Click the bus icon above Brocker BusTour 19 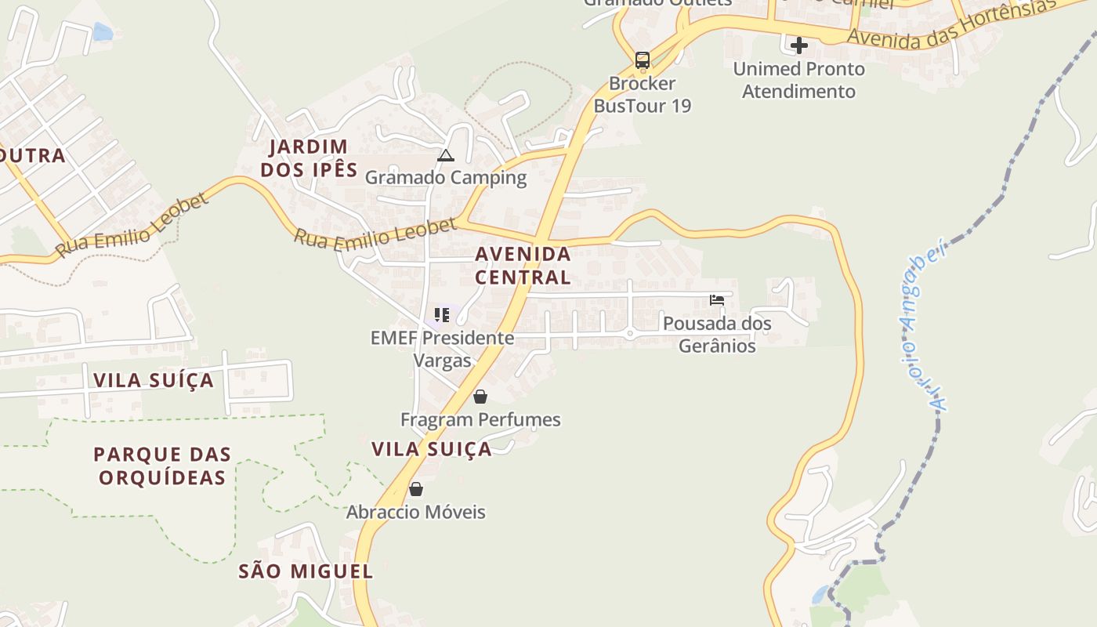pyautogui.click(x=643, y=60)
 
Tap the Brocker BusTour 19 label pyautogui.click(x=643, y=94)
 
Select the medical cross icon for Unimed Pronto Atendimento pyautogui.click(x=799, y=45)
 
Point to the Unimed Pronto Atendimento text pyautogui.click(x=798, y=80)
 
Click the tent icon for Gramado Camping pyautogui.click(x=446, y=155)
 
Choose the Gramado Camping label pyautogui.click(x=446, y=177)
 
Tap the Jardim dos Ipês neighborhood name pyautogui.click(x=309, y=158)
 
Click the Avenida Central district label pyautogui.click(x=523, y=265)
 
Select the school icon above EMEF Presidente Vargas pyautogui.click(x=442, y=315)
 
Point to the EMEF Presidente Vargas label pyautogui.click(x=443, y=349)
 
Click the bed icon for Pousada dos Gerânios pyautogui.click(x=716, y=299)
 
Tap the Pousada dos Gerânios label pyautogui.click(x=717, y=334)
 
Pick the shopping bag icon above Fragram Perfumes pyautogui.click(x=480, y=397)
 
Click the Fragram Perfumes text pyautogui.click(x=480, y=419)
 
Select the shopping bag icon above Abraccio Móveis pyautogui.click(x=416, y=489)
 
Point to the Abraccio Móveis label pyautogui.click(x=416, y=512)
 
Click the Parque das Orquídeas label pyautogui.click(x=162, y=466)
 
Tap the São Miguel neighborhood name pyautogui.click(x=306, y=571)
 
